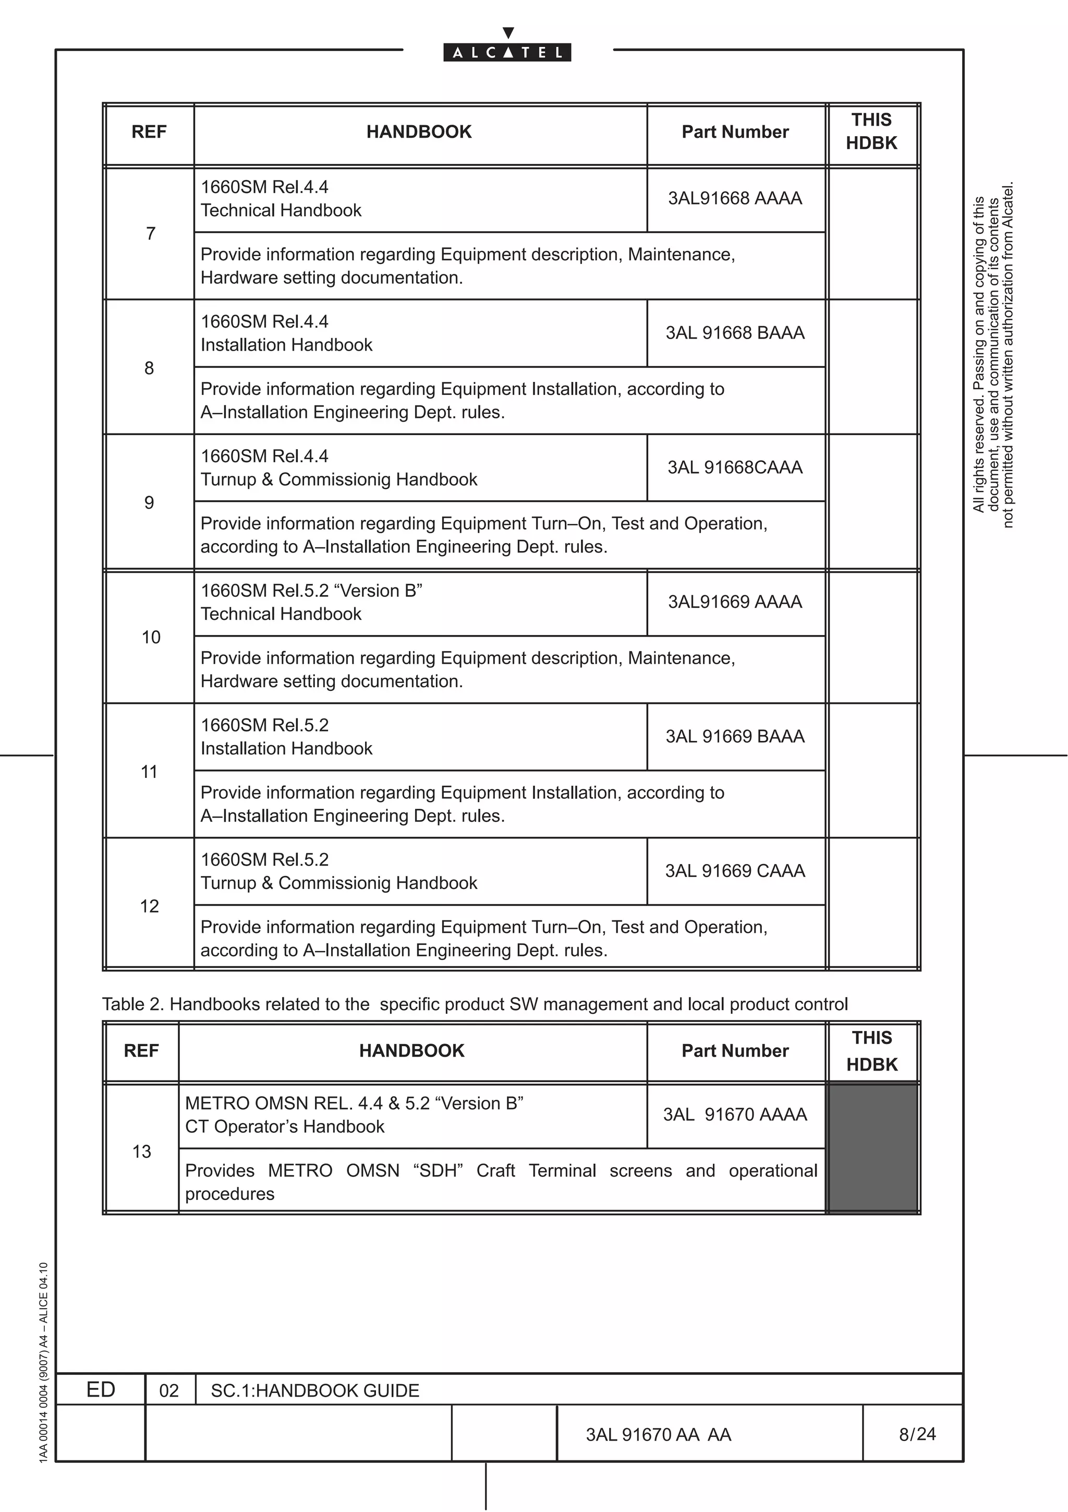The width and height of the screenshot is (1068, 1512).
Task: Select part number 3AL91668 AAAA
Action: pyautogui.click(x=734, y=198)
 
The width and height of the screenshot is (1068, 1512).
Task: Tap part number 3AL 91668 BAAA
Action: pyautogui.click(x=734, y=332)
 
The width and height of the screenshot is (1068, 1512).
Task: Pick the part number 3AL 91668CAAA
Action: pyautogui.click(x=734, y=467)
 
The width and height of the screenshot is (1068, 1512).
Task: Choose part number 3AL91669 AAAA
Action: pyautogui.click(x=734, y=602)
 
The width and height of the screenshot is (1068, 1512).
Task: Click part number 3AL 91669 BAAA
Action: pyautogui.click(x=734, y=736)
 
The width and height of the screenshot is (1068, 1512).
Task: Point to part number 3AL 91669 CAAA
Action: pyautogui.click(x=734, y=871)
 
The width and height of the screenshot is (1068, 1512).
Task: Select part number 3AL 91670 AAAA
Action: pyautogui.click(x=734, y=1114)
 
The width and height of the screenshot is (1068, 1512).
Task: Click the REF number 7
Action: pyautogui.click(x=151, y=234)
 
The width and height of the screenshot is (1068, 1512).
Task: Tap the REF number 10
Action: pyautogui.click(x=151, y=638)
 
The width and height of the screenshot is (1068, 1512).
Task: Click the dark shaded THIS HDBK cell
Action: pyautogui.click(x=872, y=1147)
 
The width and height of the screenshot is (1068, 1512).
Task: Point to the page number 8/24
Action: pyautogui.click(x=917, y=1434)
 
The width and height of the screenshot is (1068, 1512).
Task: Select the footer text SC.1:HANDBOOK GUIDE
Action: pyautogui.click(x=314, y=1391)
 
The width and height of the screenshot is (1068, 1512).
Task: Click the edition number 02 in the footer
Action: pyautogui.click(x=169, y=1391)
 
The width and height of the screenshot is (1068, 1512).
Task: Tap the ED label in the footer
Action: pyautogui.click(x=101, y=1389)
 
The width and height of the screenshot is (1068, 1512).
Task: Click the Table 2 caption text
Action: pyautogui.click(x=475, y=1004)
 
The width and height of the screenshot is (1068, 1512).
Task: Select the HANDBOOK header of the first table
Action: pyautogui.click(x=419, y=131)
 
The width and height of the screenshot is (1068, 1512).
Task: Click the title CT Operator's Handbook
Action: pyautogui.click(x=284, y=1127)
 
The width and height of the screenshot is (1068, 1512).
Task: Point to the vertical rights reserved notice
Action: pyautogui.click(x=993, y=356)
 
